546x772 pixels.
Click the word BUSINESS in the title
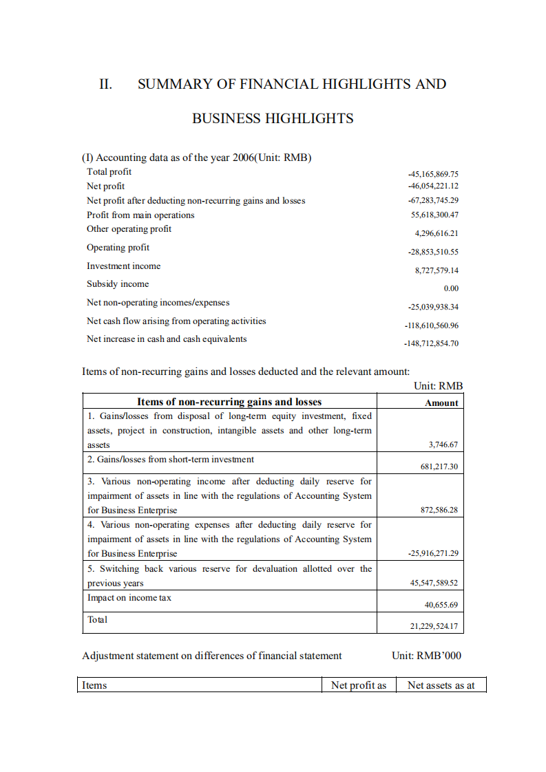click(x=224, y=118)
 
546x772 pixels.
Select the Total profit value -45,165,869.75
click(x=433, y=174)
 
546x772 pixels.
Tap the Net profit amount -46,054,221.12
click(x=433, y=186)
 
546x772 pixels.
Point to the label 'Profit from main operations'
click(x=140, y=215)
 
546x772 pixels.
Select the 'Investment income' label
click(x=123, y=266)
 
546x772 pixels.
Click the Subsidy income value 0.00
click(x=451, y=288)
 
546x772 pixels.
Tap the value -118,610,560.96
click(x=431, y=325)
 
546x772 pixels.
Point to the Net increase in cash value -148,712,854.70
click(x=431, y=343)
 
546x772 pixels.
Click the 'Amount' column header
click(x=441, y=403)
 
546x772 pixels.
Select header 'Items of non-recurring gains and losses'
click(x=229, y=402)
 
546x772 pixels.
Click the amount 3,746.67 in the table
click(x=443, y=445)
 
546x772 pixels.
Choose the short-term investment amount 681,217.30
click(x=439, y=467)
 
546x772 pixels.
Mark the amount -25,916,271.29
click(x=433, y=553)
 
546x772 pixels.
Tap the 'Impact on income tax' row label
click(x=129, y=598)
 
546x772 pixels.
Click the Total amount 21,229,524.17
click(x=434, y=626)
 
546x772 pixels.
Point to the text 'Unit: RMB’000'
click(x=426, y=656)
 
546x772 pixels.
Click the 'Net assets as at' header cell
click(x=441, y=685)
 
